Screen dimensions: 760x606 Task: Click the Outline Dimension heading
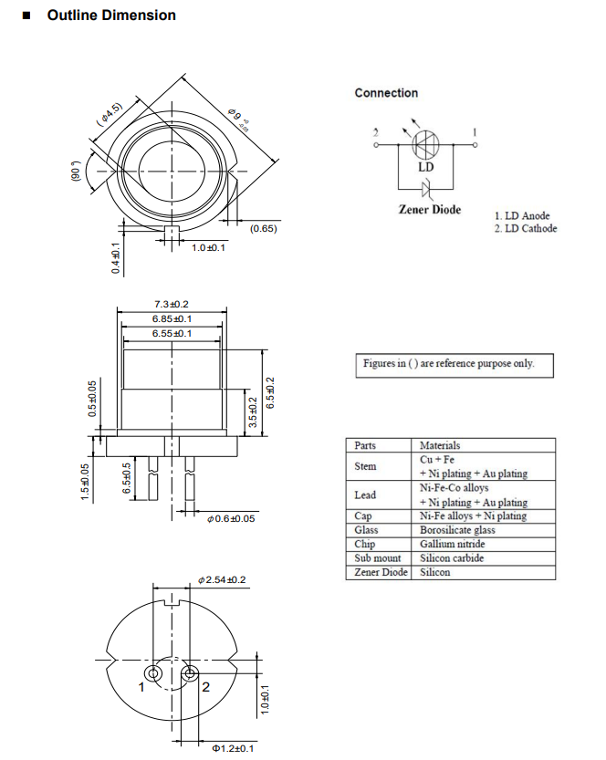pyautogui.click(x=110, y=16)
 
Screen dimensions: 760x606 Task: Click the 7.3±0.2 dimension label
pyautogui.click(x=171, y=304)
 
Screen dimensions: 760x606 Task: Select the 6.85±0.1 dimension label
pyautogui.click(x=171, y=319)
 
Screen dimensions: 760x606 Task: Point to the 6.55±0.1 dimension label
pyautogui.click(x=171, y=334)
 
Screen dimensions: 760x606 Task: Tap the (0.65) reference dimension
pyautogui.click(x=263, y=228)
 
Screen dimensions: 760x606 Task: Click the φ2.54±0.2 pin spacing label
pyautogui.click(x=222, y=580)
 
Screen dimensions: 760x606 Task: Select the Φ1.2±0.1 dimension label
pyautogui.click(x=233, y=748)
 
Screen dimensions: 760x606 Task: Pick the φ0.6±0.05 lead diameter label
pyautogui.click(x=232, y=518)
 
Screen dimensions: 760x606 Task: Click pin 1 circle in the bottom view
pyautogui.click(x=153, y=674)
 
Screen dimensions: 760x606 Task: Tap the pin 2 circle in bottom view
pyautogui.click(x=190, y=674)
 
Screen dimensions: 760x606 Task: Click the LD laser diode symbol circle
pyautogui.click(x=426, y=144)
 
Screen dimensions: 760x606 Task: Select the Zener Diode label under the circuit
pyautogui.click(x=430, y=209)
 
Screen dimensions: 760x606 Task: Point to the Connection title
pyautogui.click(x=386, y=93)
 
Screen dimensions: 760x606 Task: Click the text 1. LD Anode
pyautogui.click(x=522, y=216)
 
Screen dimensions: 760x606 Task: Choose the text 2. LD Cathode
pyautogui.click(x=525, y=229)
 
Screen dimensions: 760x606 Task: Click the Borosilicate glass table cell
pyautogui.click(x=457, y=530)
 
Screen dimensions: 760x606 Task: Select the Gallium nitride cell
pyautogui.click(x=452, y=544)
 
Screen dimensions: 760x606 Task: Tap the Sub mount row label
pyautogui.click(x=377, y=558)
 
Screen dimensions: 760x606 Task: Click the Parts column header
pyautogui.click(x=366, y=445)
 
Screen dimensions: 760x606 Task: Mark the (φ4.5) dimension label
pyautogui.click(x=110, y=112)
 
